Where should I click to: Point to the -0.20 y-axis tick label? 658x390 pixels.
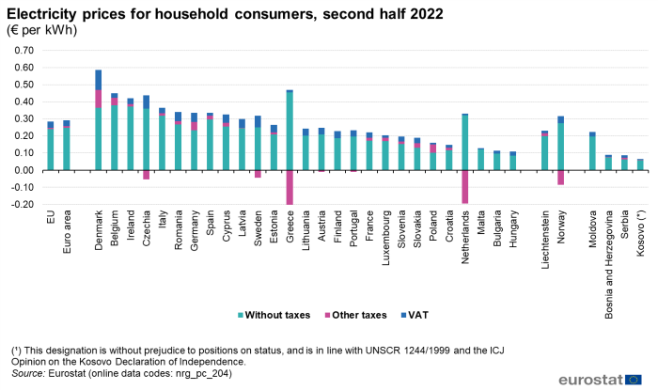pos(20,204)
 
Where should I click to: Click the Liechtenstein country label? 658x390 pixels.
pos(545,242)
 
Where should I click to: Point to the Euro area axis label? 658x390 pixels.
pos(67,232)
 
